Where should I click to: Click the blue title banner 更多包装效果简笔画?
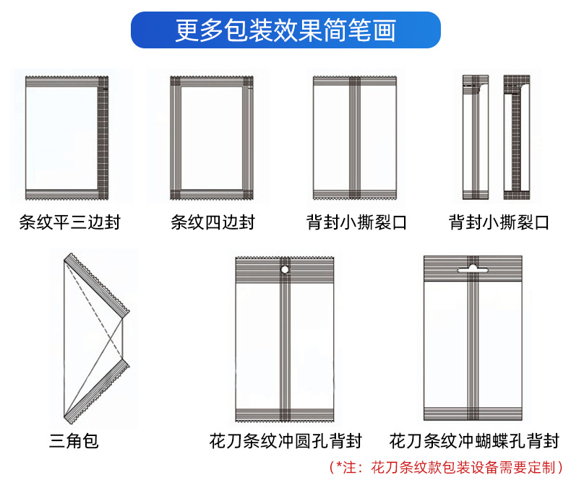click(x=285, y=30)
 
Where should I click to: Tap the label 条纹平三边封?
click(x=69, y=222)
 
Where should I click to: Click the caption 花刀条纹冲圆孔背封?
click(x=285, y=440)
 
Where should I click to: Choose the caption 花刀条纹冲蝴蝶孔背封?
click(x=474, y=440)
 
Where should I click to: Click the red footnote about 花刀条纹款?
click(x=445, y=467)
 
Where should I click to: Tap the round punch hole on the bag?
click(x=285, y=270)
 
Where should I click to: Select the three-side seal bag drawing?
click(x=66, y=137)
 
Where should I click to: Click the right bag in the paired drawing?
click(x=517, y=137)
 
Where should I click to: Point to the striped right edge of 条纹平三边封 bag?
click(x=103, y=137)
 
